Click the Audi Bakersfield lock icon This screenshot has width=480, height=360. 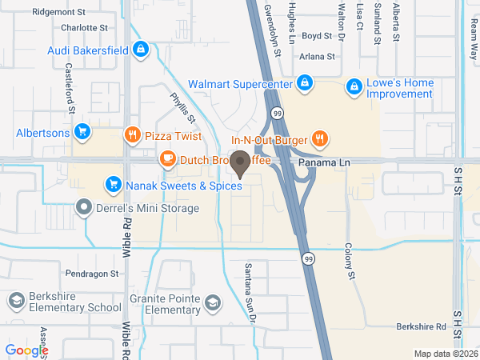tap(141, 50)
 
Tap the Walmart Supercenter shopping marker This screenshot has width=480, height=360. tap(305, 83)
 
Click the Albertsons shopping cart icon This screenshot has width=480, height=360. tap(81, 132)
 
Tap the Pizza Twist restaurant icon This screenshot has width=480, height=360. tap(132, 135)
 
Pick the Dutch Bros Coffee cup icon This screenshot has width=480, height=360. tap(166, 159)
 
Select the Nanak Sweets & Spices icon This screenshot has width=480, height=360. tap(113, 186)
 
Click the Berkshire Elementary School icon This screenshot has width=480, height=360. tap(15, 301)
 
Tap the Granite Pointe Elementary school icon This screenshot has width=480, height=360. tap(212, 302)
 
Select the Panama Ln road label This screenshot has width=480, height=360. tap(325, 162)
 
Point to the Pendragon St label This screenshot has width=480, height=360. tap(91, 273)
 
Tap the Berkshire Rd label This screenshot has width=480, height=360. tap(420, 327)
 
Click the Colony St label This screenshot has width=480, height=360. tap(350, 262)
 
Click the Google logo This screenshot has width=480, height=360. tap(26, 350)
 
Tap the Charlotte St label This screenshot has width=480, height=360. tap(84, 27)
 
